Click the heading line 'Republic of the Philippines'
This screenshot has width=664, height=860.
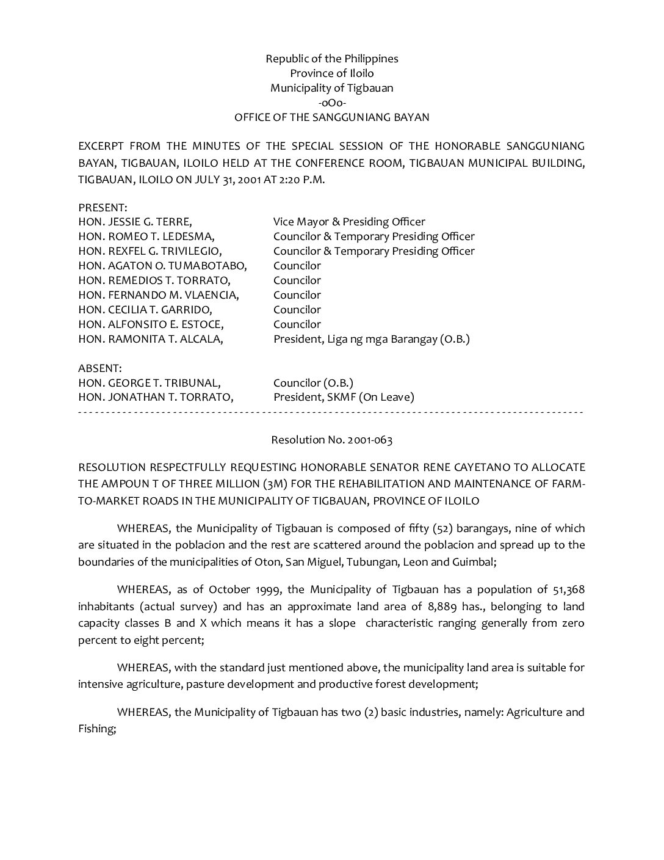click(x=331, y=59)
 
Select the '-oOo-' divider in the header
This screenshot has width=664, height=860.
click(x=331, y=103)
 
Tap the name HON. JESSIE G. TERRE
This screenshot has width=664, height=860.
click(x=135, y=222)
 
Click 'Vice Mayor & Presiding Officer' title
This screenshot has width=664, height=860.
click(x=349, y=222)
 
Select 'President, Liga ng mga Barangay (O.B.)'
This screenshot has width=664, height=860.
click(x=371, y=339)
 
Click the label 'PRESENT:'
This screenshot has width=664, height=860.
click(x=103, y=208)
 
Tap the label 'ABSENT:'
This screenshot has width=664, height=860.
click(x=100, y=368)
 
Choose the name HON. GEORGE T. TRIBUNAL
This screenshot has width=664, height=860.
click(x=150, y=383)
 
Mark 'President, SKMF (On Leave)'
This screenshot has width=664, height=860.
click(x=344, y=398)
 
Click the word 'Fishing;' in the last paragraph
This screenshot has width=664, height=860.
click(x=97, y=729)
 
